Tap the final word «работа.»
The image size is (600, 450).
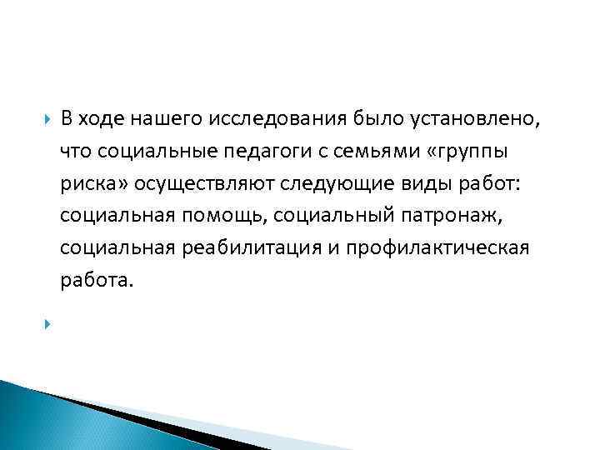click(96, 282)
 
